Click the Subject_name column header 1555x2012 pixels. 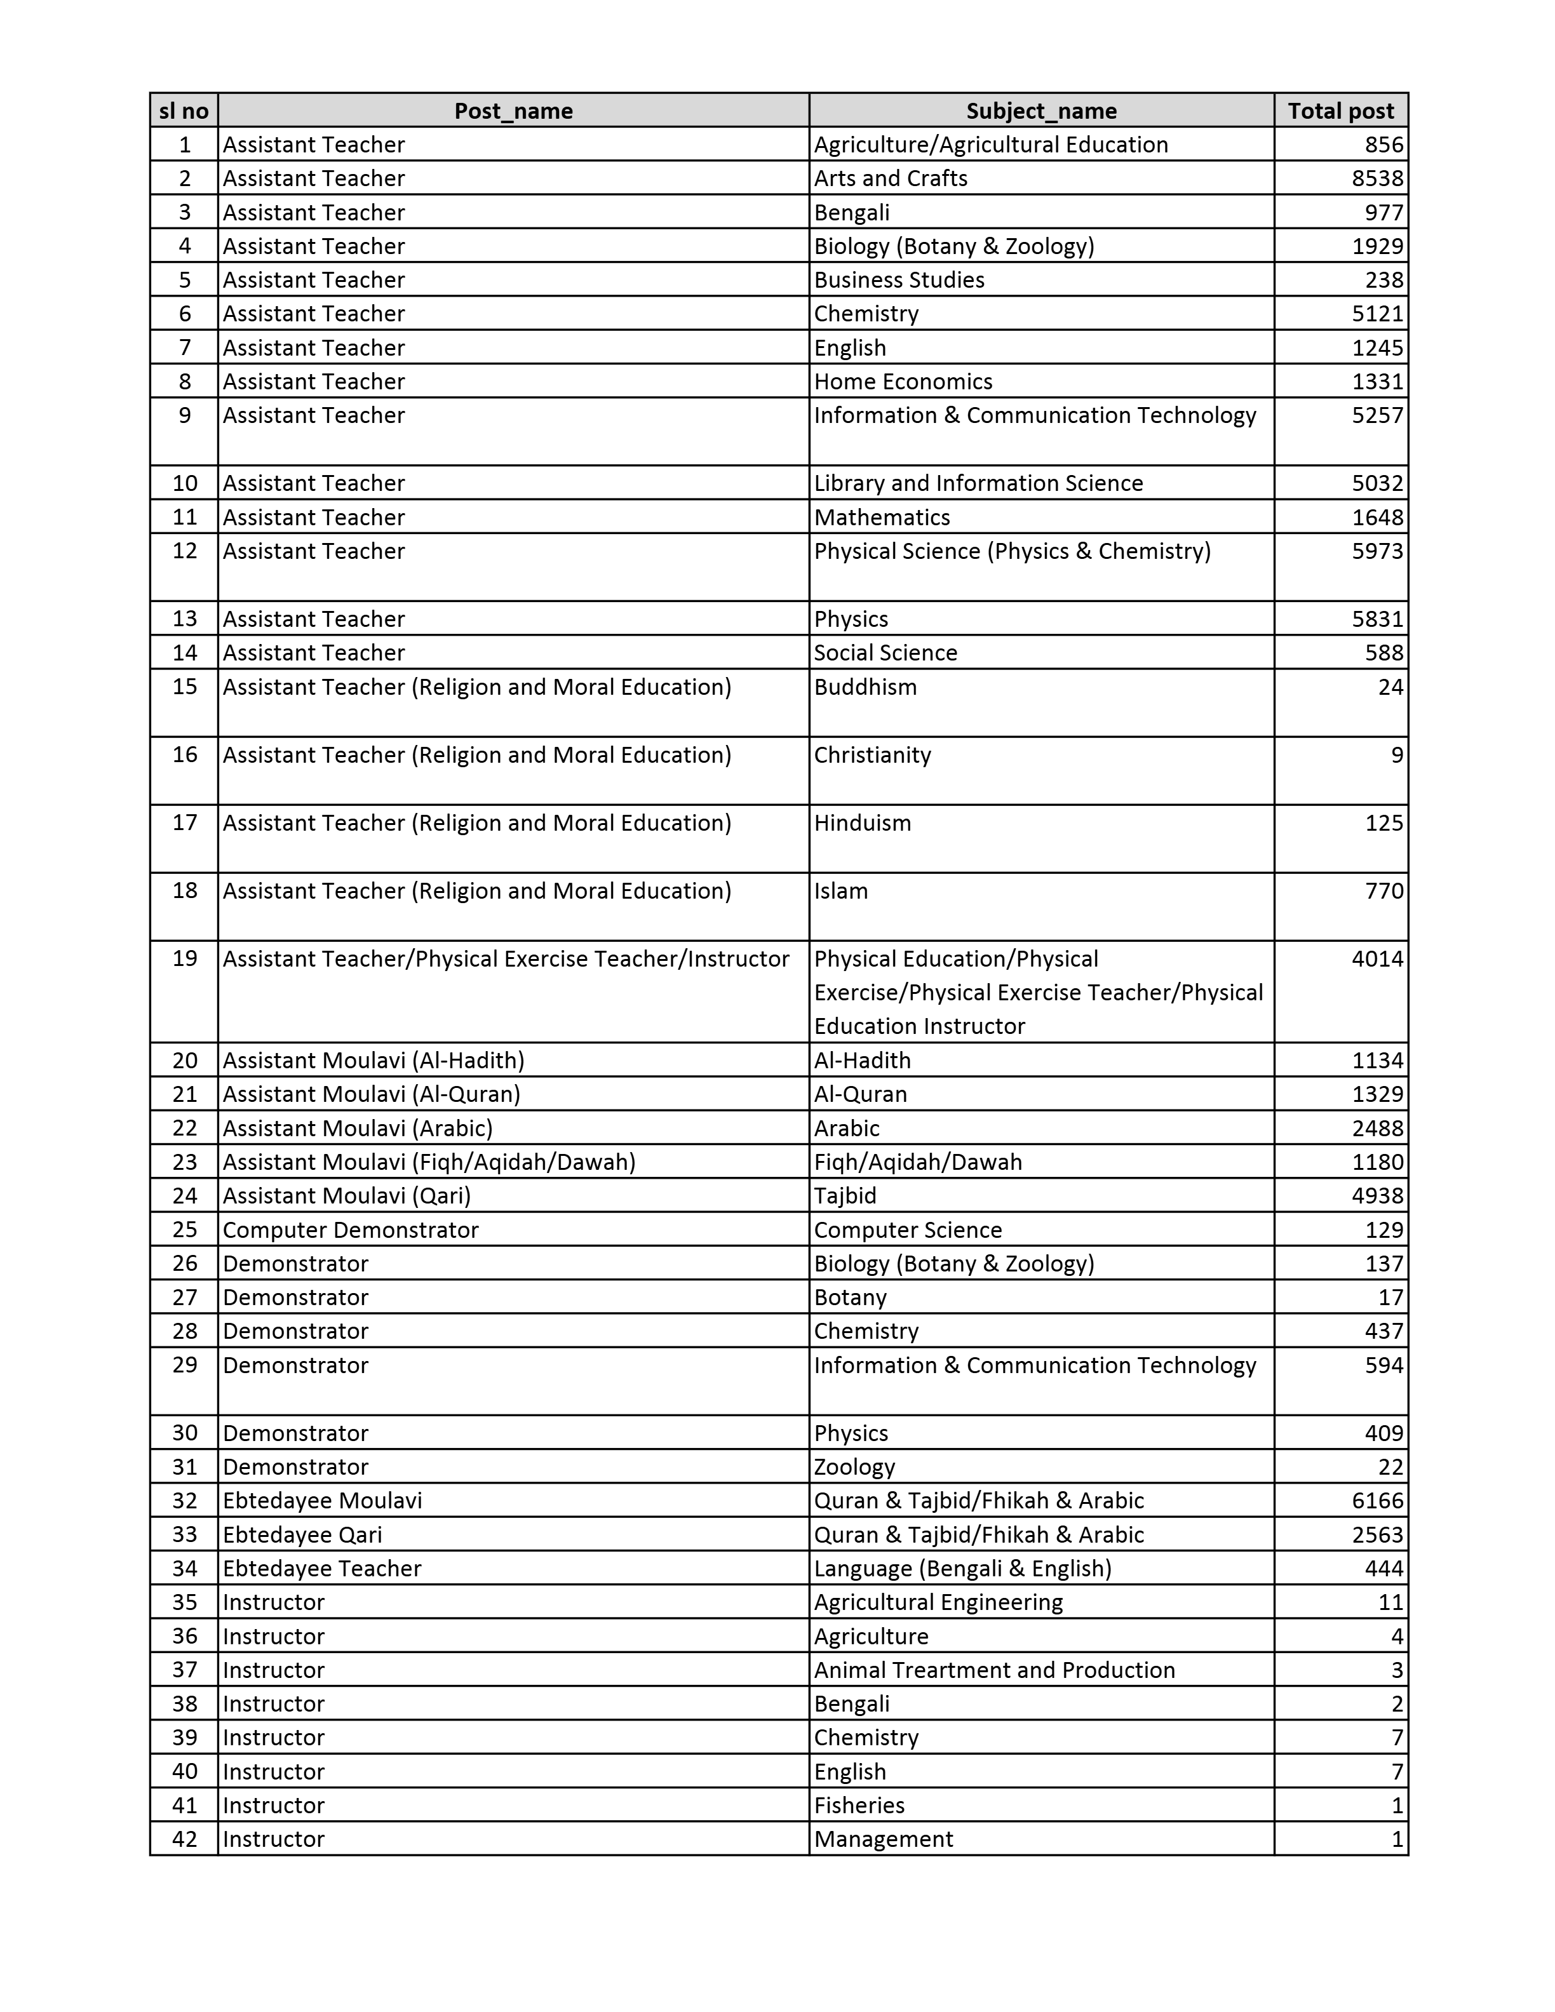1041,111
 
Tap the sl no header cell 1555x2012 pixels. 184,111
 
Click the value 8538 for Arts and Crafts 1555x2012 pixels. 1377,178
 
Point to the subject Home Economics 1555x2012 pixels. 903,382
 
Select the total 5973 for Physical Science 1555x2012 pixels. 1377,551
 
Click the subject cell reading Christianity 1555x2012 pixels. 872,754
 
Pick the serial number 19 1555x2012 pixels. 185,958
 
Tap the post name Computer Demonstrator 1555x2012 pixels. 350,1230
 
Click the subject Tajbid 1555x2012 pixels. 845,1196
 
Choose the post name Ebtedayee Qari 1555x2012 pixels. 302,1535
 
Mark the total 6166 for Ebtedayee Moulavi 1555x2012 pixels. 1377,1501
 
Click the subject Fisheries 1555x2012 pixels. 859,1806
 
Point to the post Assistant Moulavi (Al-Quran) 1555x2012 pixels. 371,1094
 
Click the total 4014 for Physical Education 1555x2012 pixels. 1377,958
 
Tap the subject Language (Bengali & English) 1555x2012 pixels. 962,1568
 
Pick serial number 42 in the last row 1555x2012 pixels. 185,1839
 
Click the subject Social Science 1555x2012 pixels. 885,652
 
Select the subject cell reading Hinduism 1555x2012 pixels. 862,822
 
